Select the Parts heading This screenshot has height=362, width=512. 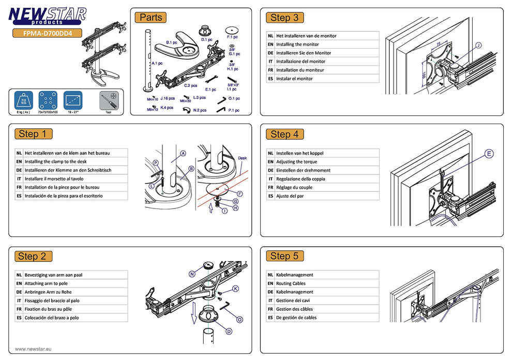tap(150, 18)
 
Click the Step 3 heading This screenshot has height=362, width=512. tap(284, 18)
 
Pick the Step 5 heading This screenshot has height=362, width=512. tap(284, 256)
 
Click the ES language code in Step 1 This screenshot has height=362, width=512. tap(19, 196)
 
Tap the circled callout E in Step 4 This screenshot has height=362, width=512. tap(489, 154)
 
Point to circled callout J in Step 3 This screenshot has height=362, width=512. tap(477, 45)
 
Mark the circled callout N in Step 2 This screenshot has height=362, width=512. tap(192, 274)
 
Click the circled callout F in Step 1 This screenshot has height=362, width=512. tap(239, 193)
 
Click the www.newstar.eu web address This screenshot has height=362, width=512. tap(33, 349)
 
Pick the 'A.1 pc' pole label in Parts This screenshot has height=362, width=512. tap(157, 63)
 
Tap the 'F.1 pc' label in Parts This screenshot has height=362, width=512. tap(232, 37)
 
